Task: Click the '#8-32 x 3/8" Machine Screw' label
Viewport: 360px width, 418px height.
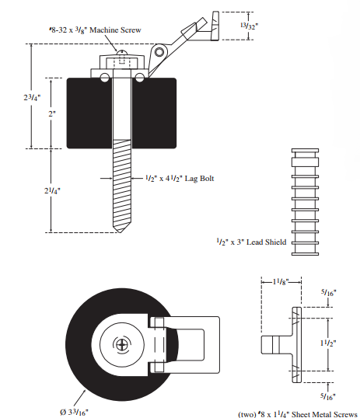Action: tap(96, 30)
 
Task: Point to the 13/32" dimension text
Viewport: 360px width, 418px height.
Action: tap(250, 26)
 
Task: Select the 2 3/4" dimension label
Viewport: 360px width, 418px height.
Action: tap(32, 97)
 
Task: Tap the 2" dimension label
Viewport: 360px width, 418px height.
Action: tap(52, 114)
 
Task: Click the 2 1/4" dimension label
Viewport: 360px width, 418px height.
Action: tap(52, 190)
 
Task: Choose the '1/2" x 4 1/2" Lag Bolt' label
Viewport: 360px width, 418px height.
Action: tap(180, 179)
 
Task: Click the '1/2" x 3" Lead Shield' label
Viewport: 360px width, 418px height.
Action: tap(251, 242)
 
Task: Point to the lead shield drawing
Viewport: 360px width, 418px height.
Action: tap(305, 202)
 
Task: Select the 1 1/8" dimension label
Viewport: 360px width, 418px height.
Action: tap(281, 281)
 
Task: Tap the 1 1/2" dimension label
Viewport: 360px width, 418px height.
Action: tap(328, 343)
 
